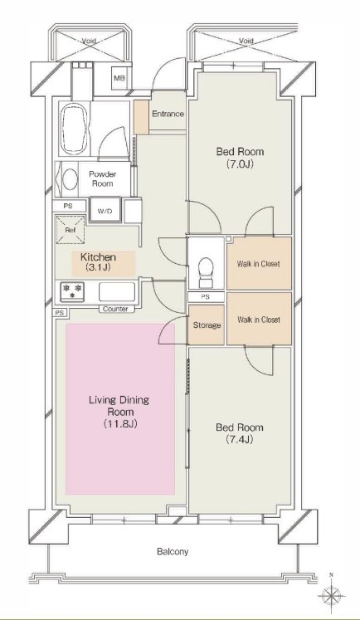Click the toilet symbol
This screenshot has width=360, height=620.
206,272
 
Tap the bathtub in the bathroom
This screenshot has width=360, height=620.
73,129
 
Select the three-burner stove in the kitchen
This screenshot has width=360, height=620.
72,291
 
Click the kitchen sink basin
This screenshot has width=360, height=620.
117,292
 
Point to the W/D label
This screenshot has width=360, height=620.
105,211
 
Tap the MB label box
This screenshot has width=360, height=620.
119,78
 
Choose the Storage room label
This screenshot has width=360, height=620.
207,325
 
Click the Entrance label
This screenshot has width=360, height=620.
168,114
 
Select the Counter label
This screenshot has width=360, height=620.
115,309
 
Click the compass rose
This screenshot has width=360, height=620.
331,595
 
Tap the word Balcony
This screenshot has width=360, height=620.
173,551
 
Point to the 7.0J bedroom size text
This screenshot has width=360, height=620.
240,164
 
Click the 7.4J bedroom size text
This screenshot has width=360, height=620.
240,439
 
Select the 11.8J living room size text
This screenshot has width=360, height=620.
120,424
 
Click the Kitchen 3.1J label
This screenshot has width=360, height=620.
98,261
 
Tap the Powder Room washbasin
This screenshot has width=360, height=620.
70,179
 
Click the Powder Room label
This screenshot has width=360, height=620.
102,178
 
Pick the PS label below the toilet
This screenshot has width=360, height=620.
206,297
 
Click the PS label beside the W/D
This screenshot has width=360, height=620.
68,206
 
